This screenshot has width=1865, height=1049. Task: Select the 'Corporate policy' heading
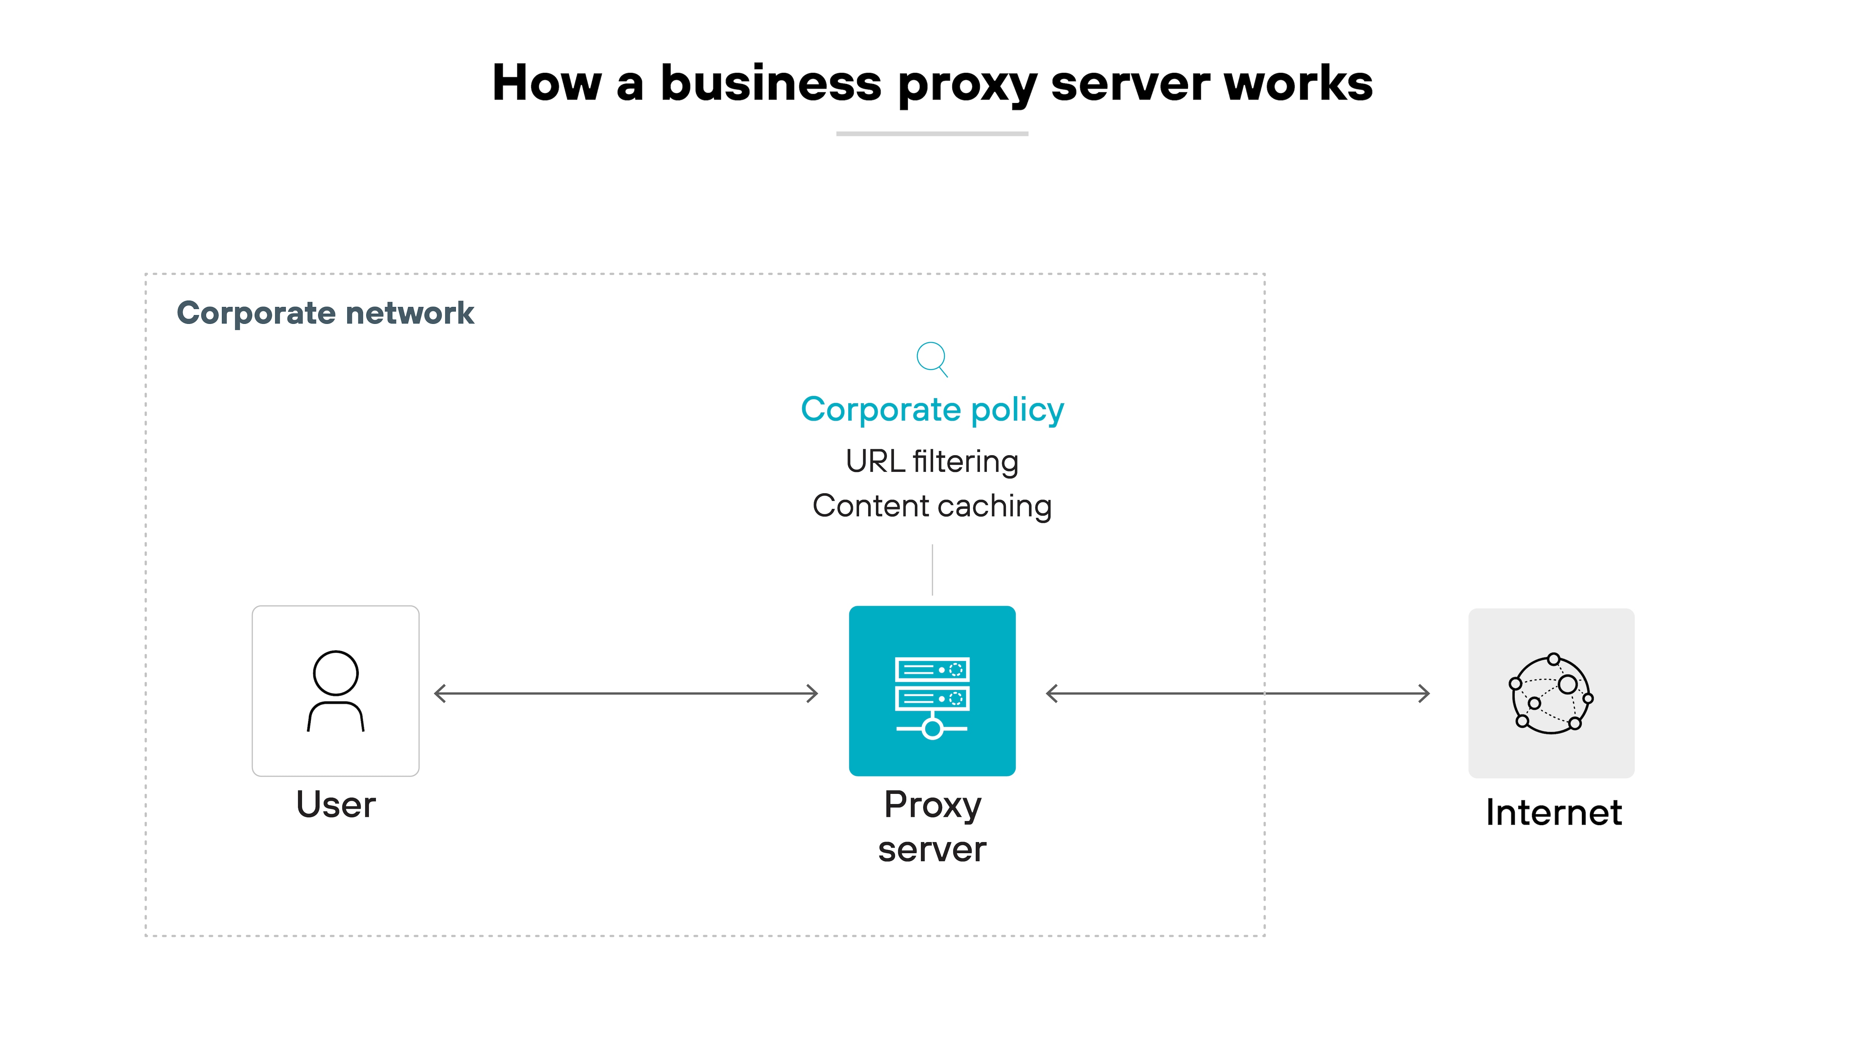tap(932, 410)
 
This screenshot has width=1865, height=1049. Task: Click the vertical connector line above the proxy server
tap(932, 570)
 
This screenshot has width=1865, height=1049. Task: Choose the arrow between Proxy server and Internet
tap(1238, 693)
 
